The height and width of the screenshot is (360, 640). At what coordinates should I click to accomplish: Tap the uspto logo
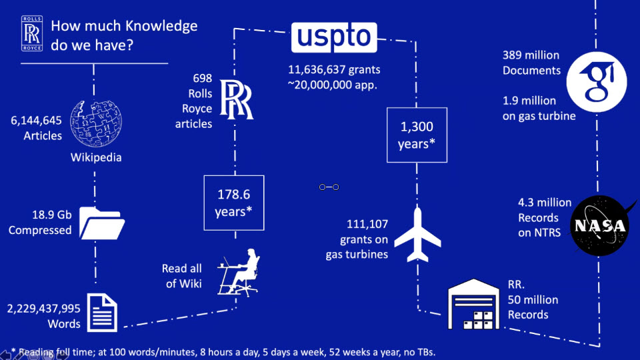[334, 37]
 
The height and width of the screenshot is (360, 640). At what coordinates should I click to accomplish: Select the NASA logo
[600, 226]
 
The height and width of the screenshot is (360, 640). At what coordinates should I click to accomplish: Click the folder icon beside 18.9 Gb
[101, 223]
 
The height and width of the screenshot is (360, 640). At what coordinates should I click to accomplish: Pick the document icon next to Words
[102, 312]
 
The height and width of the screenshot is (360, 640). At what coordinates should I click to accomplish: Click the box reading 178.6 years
[233, 203]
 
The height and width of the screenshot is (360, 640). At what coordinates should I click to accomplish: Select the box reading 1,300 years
[416, 134]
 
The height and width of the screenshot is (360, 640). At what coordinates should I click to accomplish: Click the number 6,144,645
[36, 121]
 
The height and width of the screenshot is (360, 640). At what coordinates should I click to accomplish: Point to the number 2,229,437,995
[43, 309]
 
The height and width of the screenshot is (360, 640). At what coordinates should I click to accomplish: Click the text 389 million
[531, 55]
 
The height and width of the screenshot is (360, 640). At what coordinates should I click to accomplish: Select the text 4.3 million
[545, 202]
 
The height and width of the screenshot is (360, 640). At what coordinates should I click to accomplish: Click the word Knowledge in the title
[161, 26]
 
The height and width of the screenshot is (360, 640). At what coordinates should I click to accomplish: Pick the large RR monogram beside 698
[237, 99]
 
